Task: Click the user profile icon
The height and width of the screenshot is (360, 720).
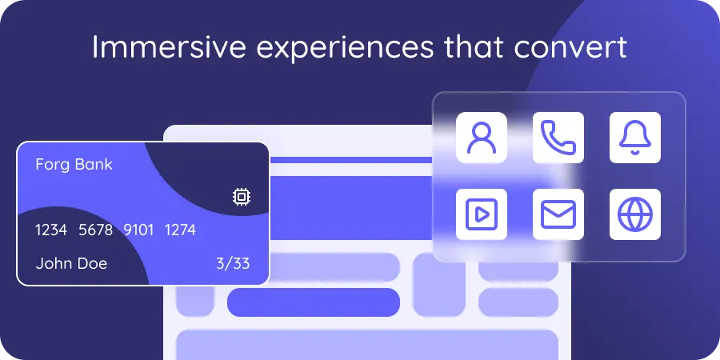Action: click(x=482, y=138)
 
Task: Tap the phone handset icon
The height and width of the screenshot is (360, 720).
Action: click(x=558, y=138)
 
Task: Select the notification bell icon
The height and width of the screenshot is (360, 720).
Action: click(x=635, y=138)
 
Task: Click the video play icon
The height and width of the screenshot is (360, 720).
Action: click(x=482, y=214)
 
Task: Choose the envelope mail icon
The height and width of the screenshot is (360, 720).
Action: click(x=558, y=214)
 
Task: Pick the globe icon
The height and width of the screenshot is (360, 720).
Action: click(x=635, y=214)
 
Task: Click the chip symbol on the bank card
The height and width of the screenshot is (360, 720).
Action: click(x=240, y=197)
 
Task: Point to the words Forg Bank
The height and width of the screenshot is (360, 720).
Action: click(x=74, y=165)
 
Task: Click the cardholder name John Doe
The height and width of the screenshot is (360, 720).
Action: click(x=71, y=263)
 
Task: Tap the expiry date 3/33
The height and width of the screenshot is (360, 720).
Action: click(x=233, y=263)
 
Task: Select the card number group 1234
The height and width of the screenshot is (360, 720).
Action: click(x=51, y=230)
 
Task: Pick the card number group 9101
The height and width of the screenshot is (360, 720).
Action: click(x=138, y=230)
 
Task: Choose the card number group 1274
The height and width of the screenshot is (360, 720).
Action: click(x=180, y=230)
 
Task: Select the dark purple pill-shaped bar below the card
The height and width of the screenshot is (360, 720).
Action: click(x=313, y=302)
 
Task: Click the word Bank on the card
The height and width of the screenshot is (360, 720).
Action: click(x=94, y=165)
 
